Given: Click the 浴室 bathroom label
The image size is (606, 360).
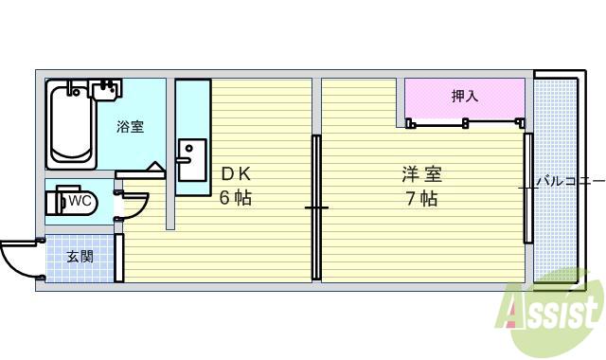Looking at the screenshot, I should pos(131,126).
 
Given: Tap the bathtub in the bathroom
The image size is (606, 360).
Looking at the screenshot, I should pos(70,126).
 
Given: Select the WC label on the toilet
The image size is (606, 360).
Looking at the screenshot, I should pos(80,201).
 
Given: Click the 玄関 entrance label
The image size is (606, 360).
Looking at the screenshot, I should pos(80,256).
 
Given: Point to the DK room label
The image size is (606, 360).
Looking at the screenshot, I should pos(236,174).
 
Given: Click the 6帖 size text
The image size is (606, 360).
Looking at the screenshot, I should pos(236,198).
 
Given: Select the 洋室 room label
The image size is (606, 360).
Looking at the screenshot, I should pos(421,174).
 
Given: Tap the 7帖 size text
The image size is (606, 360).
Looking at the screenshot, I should pos(421,199).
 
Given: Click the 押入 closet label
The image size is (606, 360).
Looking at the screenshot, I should pos(464,96).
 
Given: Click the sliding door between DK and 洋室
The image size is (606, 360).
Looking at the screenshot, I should pos(316,207).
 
